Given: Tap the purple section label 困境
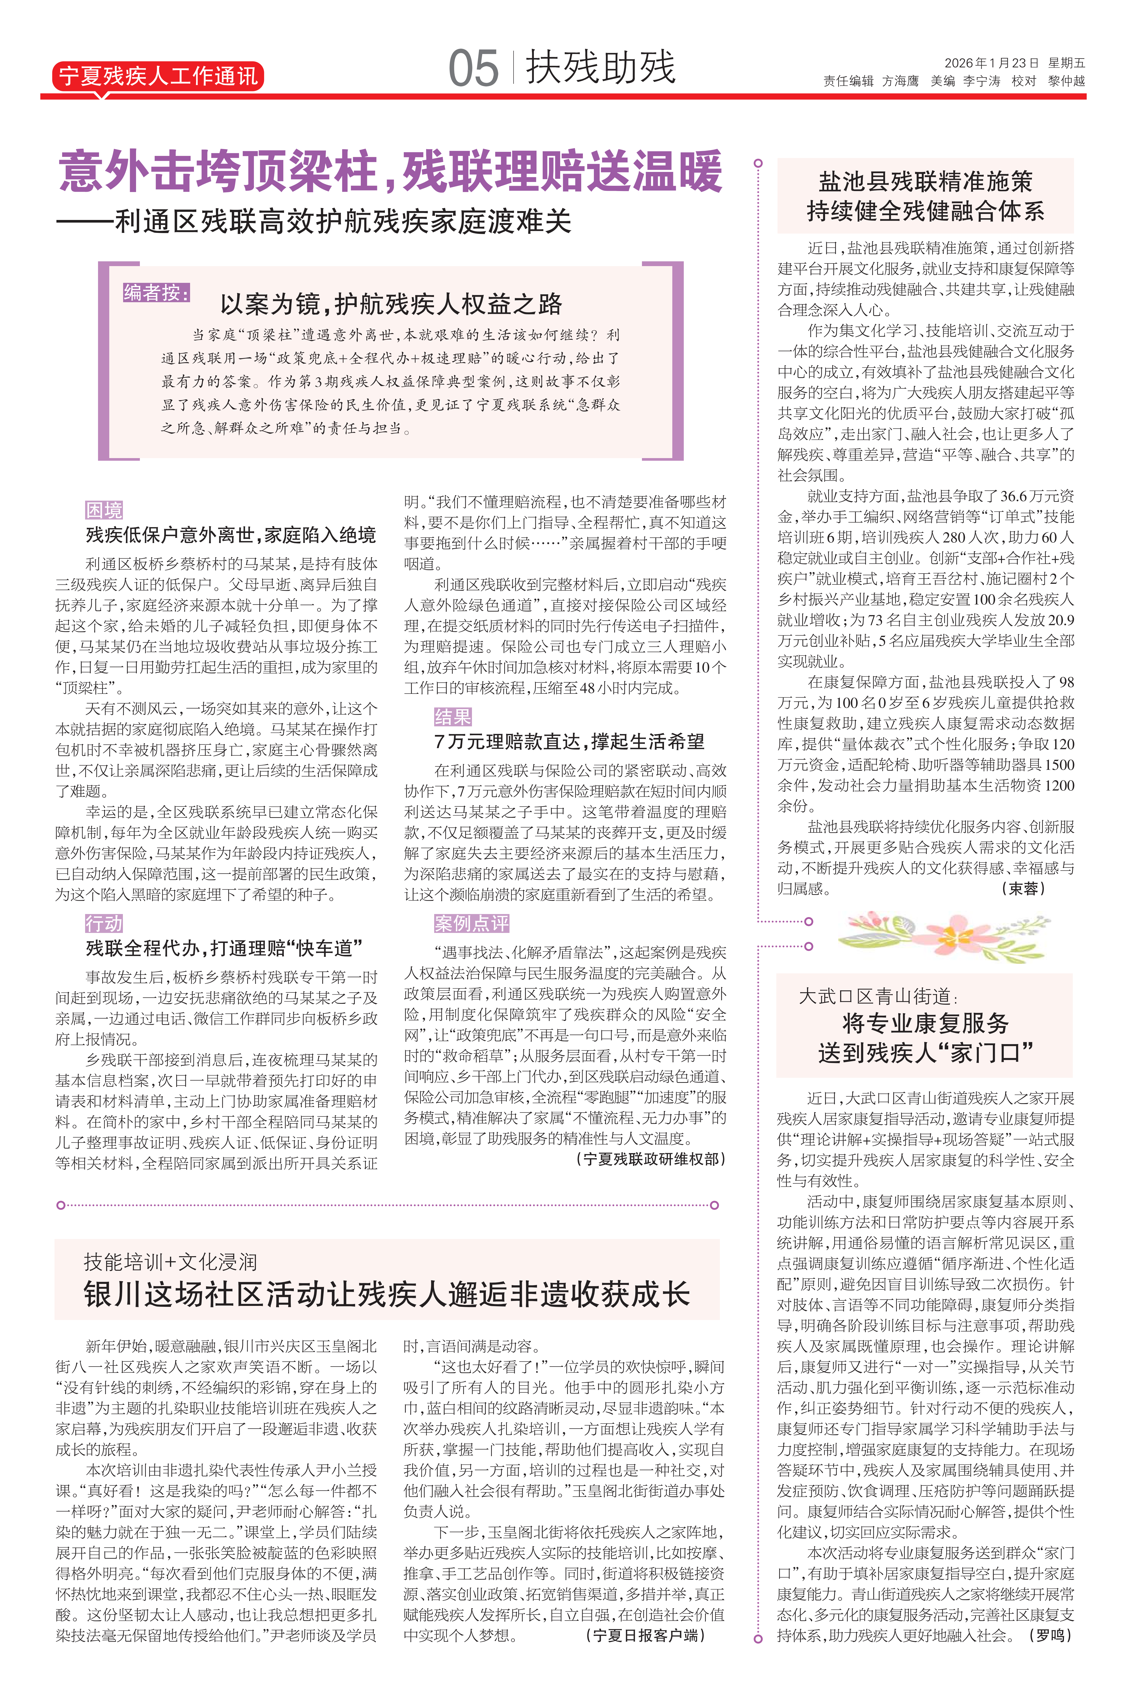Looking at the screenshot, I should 104,510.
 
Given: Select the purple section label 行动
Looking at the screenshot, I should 104,923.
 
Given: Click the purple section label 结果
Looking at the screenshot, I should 453,717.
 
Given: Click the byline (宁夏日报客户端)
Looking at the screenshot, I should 645,1635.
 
